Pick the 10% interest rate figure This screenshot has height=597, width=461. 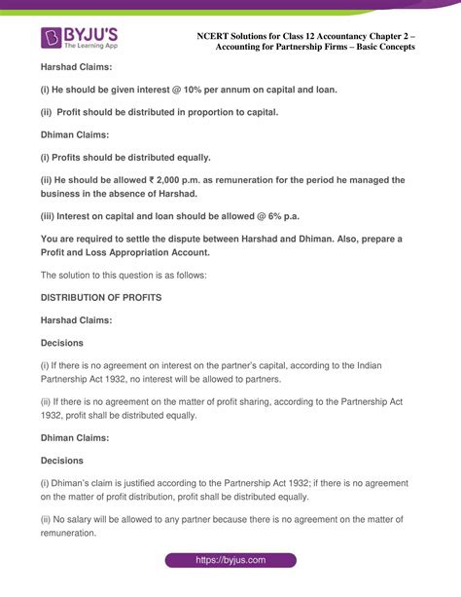click(x=194, y=90)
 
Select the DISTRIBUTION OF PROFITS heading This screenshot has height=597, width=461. click(x=101, y=297)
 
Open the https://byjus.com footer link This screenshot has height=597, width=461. click(x=230, y=561)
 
